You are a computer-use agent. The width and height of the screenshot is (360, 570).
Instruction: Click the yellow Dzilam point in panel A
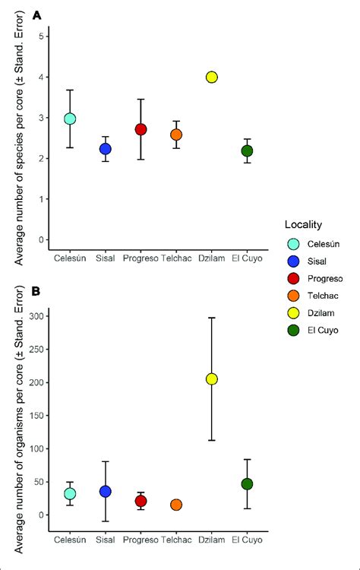point(212,77)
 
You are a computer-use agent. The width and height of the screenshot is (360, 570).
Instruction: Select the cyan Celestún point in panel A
point(70,119)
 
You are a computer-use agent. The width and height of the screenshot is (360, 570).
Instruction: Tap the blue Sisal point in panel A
point(105,149)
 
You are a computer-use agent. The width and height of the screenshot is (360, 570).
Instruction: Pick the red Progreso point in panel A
point(141,129)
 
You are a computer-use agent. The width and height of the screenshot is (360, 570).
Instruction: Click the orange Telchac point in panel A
point(176,135)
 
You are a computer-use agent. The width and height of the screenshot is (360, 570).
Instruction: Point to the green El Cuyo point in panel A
point(247,150)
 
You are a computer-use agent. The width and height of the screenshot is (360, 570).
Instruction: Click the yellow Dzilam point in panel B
point(212,378)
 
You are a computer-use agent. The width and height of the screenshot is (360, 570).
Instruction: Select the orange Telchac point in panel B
point(176,505)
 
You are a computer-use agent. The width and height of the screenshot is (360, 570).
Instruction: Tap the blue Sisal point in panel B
point(105,492)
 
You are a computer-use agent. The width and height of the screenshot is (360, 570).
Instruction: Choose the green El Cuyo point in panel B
point(247,484)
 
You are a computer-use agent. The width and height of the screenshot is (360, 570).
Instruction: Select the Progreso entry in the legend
point(323,278)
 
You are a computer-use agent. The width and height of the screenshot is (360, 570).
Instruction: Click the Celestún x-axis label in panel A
point(70,258)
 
